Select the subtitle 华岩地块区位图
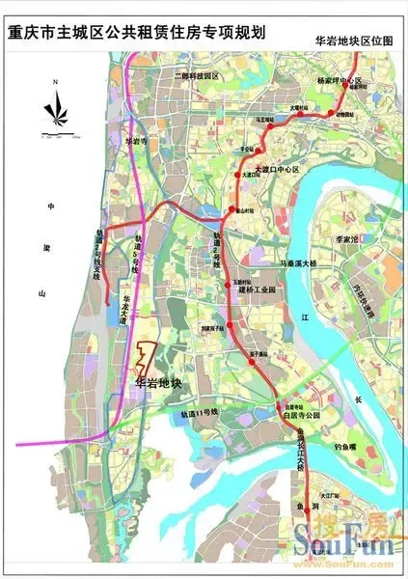(355, 42)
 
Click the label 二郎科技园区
(192, 74)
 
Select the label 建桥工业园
(258, 289)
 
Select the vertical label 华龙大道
(125, 313)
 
